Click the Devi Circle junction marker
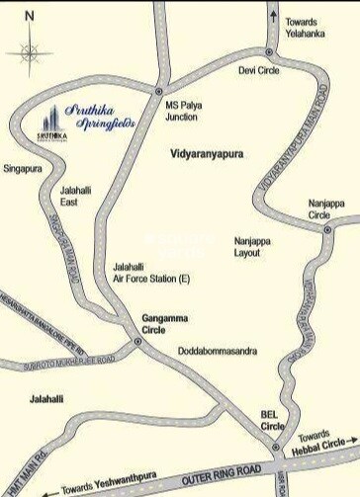[269, 53]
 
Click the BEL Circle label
[272, 420]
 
